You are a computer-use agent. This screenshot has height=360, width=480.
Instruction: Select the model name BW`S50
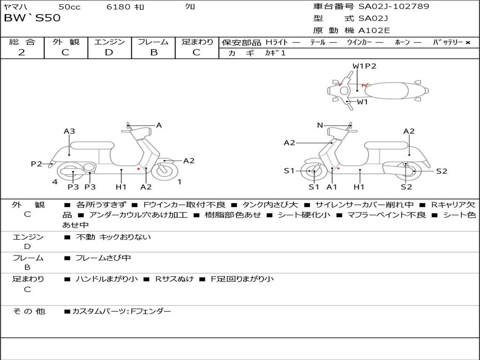[32, 18]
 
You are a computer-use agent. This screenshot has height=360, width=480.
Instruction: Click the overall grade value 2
[22, 52]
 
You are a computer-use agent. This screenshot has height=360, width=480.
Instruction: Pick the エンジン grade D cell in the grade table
[109, 52]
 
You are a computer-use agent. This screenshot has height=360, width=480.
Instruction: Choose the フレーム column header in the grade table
[153, 42]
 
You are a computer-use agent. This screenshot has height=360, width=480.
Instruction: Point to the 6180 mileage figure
[119, 7]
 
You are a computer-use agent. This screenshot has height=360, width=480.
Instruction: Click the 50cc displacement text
[69, 7]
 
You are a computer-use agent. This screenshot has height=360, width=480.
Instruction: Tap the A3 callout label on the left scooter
[69, 131]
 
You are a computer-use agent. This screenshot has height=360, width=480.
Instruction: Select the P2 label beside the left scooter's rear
[37, 164]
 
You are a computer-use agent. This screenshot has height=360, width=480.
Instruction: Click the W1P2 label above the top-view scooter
[365, 66]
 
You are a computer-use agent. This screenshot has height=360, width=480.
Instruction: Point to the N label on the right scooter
[320, 125]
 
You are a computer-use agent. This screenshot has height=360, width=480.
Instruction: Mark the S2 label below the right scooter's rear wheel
[406, 187]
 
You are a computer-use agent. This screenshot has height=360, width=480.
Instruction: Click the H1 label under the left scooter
[121, 187]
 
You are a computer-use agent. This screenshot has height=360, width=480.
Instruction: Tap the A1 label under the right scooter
[332, 187]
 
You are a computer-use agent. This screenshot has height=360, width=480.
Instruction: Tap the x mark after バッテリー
[467, 42]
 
